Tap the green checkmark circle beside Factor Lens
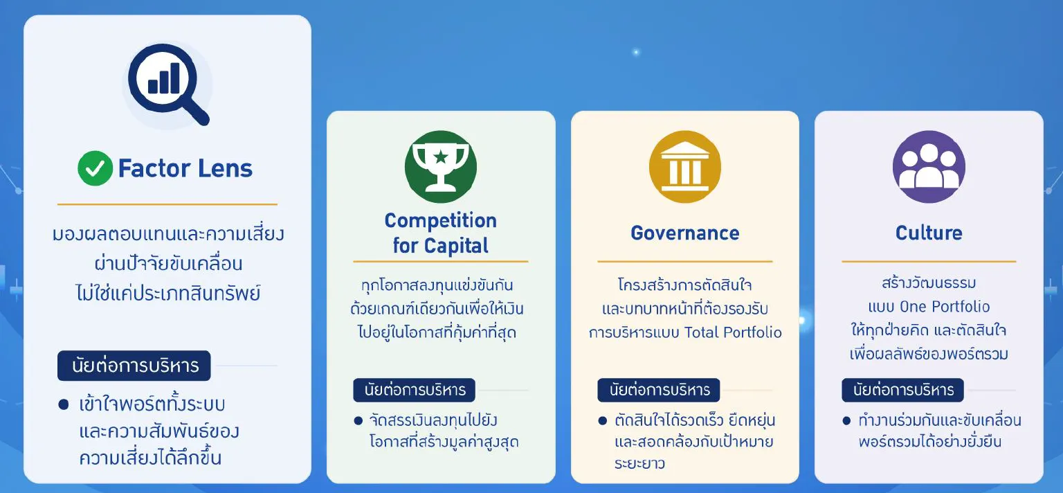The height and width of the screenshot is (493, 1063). click(95, 168)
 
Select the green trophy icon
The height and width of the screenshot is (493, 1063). click(441, 167)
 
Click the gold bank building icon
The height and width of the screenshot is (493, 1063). click(684, 167)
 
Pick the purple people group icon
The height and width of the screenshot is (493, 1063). click(929, 167)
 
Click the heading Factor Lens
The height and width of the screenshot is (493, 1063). click(185, 169)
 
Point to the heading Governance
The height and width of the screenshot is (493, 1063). click(684, 233)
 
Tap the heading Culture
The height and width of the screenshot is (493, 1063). click(929, 233)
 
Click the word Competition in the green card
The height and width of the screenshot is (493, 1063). click(440, 221)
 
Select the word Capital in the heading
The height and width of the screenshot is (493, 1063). click(456, 246)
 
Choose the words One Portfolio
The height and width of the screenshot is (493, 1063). click(945, 306)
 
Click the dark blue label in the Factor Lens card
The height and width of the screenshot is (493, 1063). click(134, 366)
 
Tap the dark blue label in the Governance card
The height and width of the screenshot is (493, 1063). click(659, 390)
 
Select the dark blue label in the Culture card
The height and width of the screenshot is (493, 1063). click(902, 390)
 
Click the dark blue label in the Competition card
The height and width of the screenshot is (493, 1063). click(415, 390)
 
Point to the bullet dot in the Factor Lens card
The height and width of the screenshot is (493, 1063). click(64, 404)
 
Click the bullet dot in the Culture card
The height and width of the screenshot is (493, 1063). click(846, 421)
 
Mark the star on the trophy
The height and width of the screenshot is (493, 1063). click(441, 156)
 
